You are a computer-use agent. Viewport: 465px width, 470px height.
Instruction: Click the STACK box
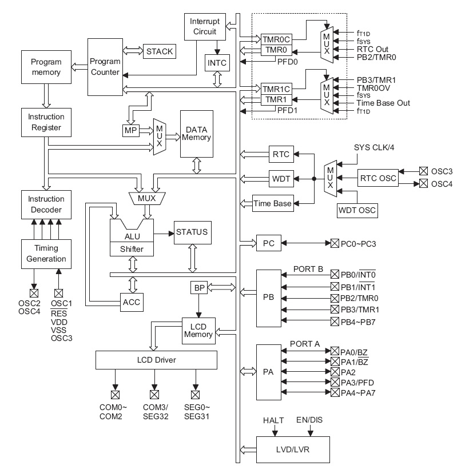point(158,51)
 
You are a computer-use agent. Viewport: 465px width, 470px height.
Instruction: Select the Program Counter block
point(105,67)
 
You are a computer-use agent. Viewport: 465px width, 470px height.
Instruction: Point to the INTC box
point(216,62)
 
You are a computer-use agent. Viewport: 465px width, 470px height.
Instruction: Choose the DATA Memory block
point(197,134)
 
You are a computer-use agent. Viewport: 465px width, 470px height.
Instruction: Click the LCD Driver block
point(156,360)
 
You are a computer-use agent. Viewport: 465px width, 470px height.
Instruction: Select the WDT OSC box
point(357,210)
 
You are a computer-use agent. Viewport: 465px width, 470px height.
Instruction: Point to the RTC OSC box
point(378,178)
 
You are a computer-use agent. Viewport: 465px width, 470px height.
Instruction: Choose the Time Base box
point(272,203)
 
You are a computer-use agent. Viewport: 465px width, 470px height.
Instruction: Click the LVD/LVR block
point(293,449)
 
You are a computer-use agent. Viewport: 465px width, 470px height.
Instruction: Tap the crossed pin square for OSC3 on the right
point(423,171)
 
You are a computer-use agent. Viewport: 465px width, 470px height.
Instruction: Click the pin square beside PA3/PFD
point(335,382)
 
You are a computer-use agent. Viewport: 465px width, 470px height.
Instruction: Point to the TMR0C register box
point(276,39)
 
